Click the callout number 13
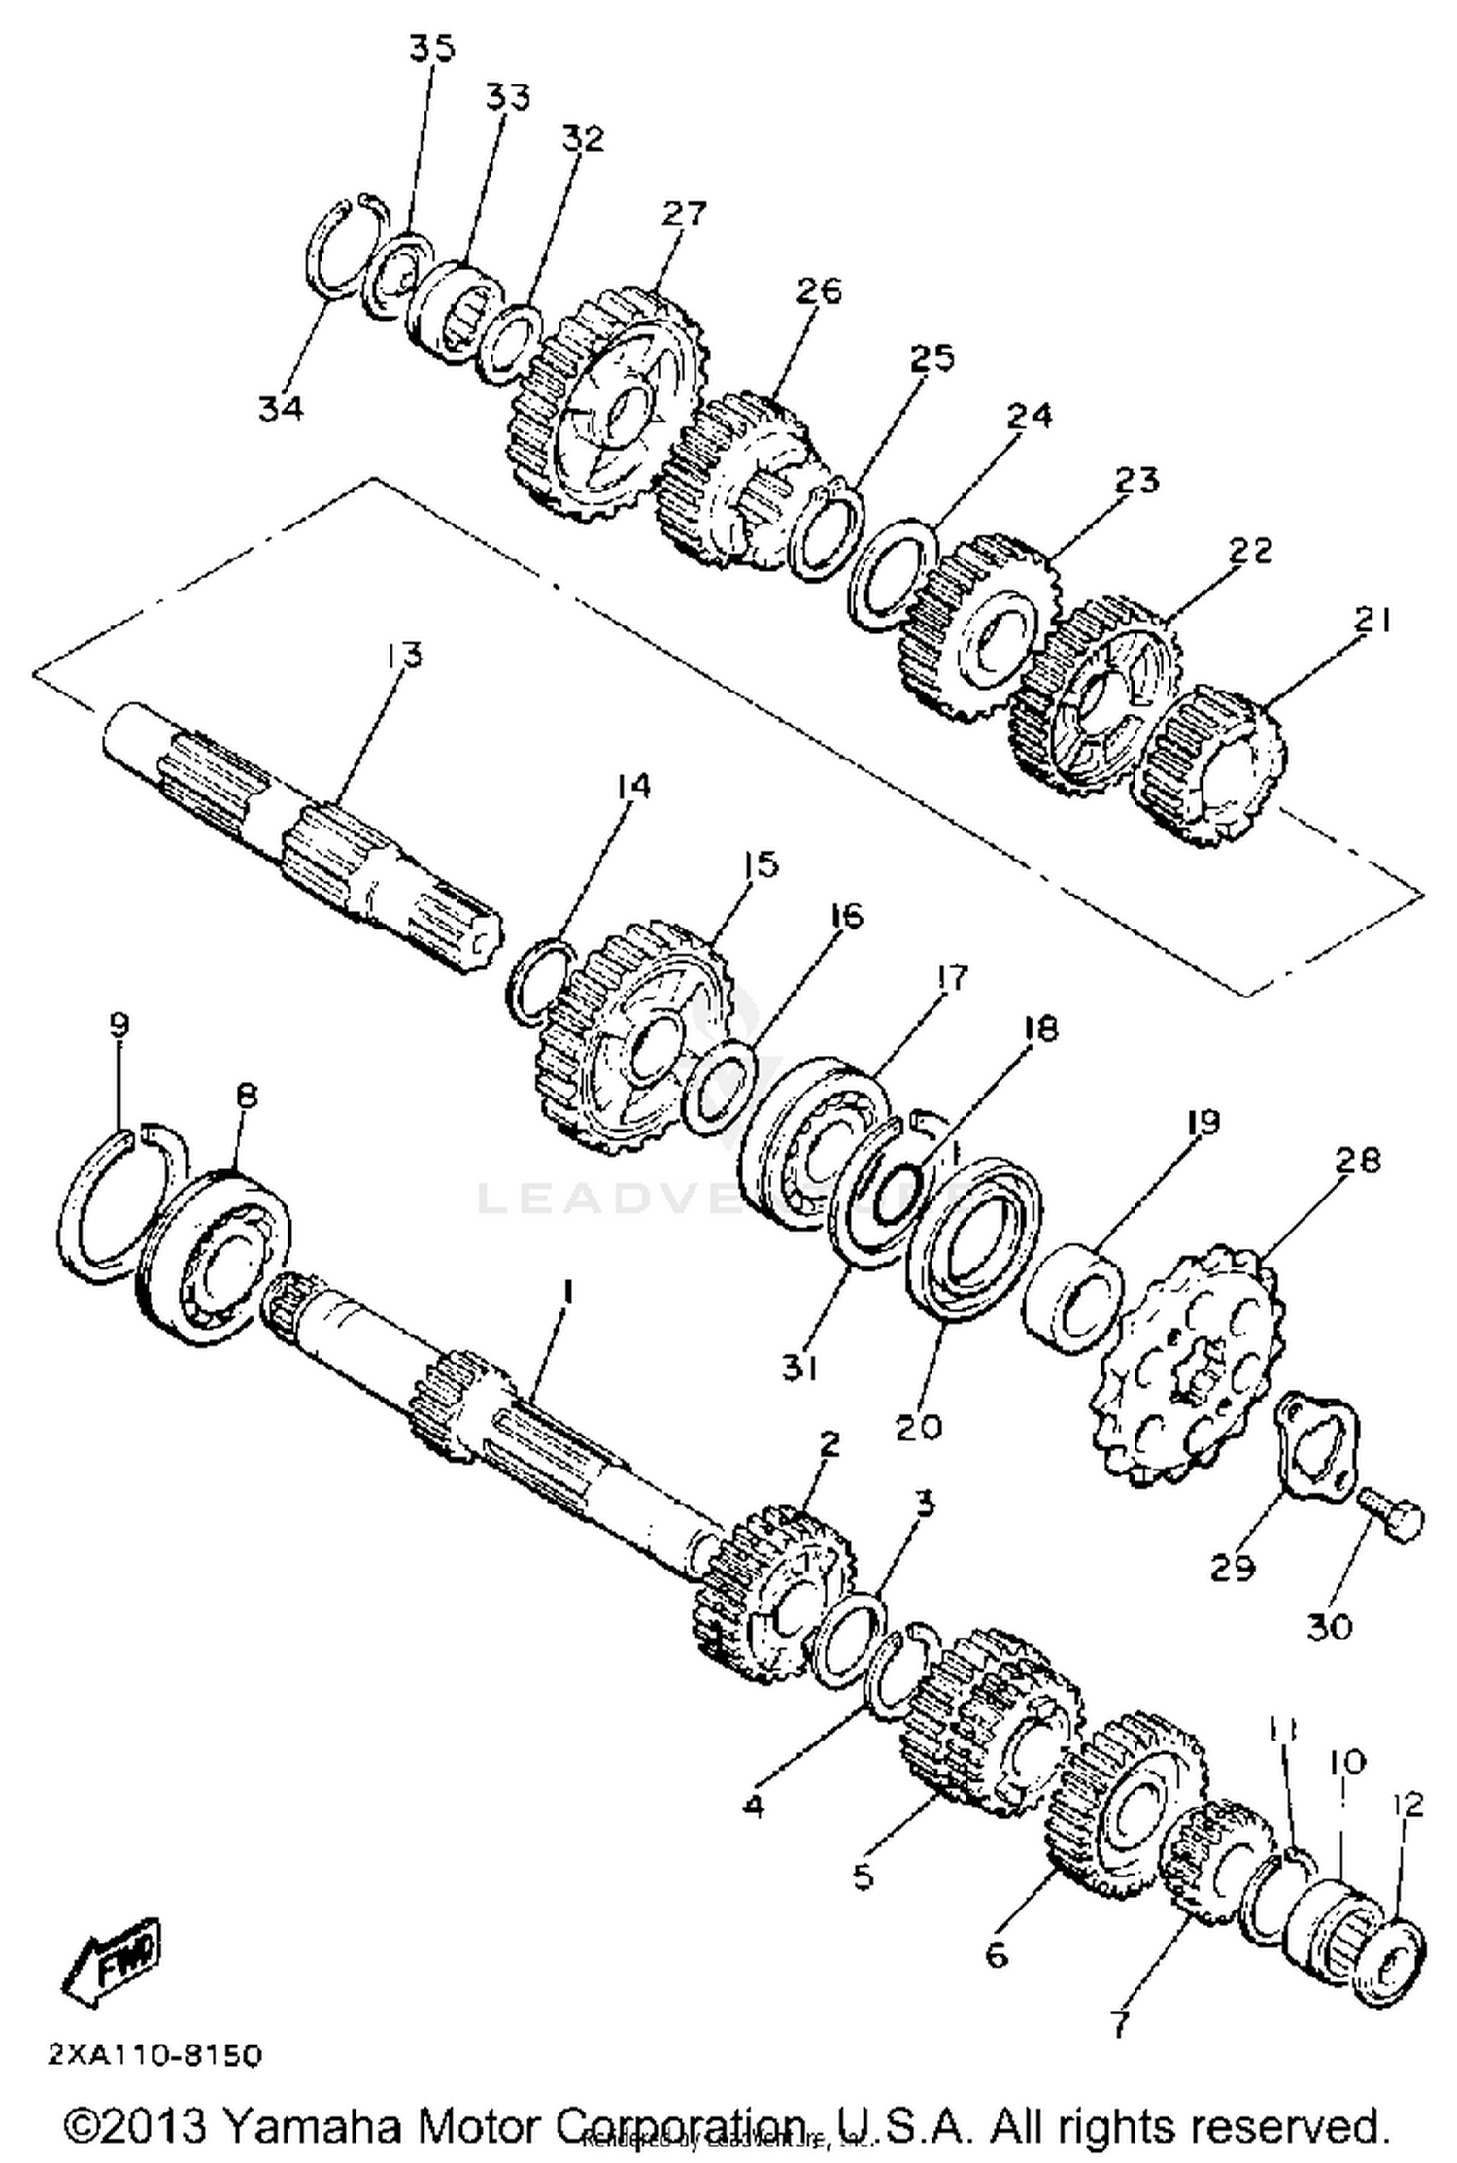pos(403,656)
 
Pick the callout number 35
pos(431,49)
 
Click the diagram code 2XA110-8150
pos(154,2056)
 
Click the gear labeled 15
pos(631,1039)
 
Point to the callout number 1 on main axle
pos(568,1293)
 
